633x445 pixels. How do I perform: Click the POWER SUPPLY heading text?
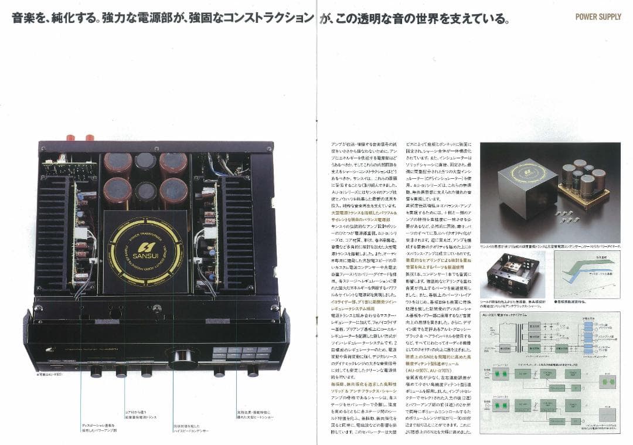tap(598, 16)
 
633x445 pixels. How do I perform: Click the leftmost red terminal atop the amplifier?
tap(74, 138)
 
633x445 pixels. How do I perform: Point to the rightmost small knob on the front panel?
tap(253, 371)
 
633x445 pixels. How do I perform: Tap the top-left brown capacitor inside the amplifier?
tap(118, 165)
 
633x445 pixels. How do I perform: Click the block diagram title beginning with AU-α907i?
tap(503, 315)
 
